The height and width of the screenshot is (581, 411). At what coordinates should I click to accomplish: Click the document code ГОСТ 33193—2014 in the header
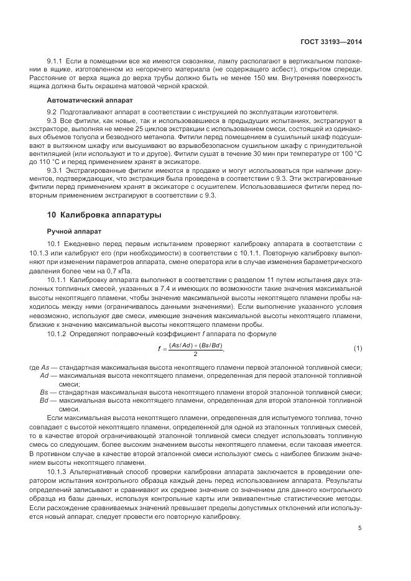pyautogui.click(x=331, y=42)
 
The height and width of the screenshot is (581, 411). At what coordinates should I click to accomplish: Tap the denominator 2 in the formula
pyautogui.click(x=195, y=354)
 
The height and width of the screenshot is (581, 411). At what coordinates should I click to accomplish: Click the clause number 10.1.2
pyautogui.click(x=58, y=334)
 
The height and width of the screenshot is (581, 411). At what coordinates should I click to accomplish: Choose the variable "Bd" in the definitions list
pyautogui.click(x=44, y=401)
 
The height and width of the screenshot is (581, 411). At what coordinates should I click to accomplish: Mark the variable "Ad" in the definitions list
pyautogui.click(x=44, y=376)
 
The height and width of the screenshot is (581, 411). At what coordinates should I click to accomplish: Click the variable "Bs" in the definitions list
pyautogui.click(x=44, y=393)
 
